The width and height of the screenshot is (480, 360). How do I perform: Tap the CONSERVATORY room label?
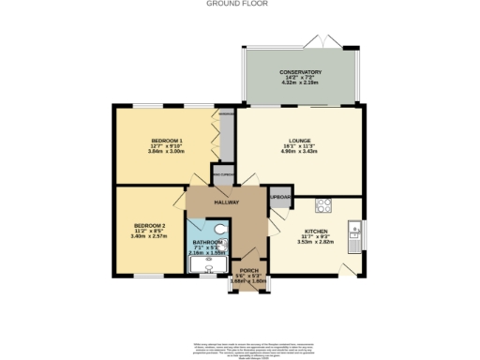[300, 72]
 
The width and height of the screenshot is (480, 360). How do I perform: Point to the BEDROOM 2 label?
[149, 226]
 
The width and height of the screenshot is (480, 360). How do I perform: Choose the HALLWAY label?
[228, 202]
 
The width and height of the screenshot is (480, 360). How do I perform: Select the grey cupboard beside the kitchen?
[280, 198]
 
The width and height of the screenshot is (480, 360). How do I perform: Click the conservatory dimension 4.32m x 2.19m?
[300, 84]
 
